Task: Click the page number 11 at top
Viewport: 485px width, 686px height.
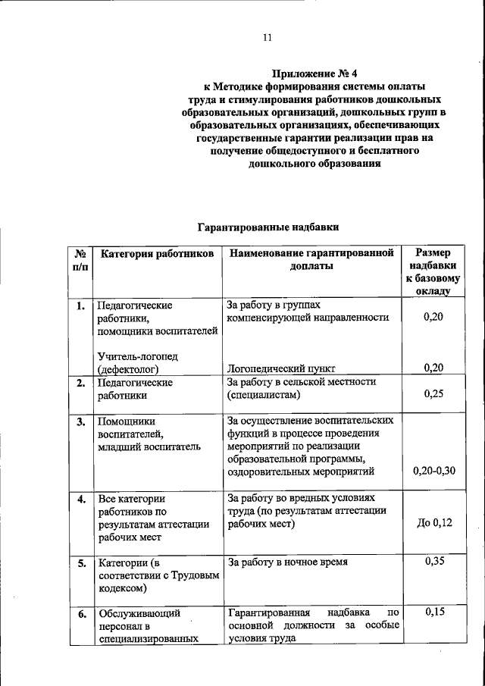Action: point(267,37)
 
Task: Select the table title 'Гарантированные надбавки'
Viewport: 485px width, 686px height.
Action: point(268,227)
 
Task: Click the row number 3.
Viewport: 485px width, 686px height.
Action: point(80,421)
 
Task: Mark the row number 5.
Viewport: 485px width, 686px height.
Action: point(80,563)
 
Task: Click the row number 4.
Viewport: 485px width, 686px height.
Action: point(80,500)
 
